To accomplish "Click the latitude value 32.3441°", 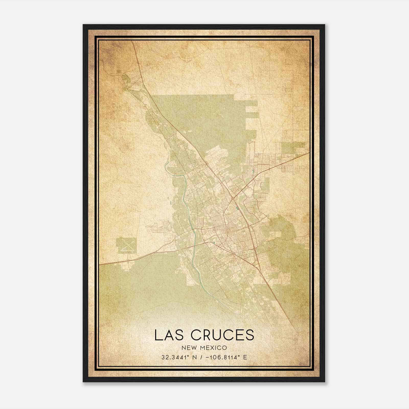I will (175, 357).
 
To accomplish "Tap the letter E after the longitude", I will (245, 357).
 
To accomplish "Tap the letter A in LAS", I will (169, 335).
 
